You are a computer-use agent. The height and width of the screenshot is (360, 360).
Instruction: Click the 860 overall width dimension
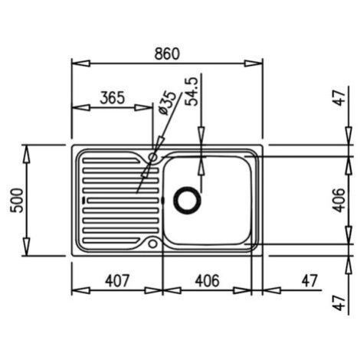click(167, 54)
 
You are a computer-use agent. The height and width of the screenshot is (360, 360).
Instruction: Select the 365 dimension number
click(113, 98)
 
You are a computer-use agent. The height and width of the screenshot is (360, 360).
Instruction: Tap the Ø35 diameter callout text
click(167, 103)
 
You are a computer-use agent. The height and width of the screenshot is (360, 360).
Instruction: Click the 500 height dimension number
click(17, 201)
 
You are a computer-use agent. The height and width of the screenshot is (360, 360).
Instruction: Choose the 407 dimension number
click(118, 280)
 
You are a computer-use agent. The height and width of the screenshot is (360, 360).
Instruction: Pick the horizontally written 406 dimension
click(207, 280)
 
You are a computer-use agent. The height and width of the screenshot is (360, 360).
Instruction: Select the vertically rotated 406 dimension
click(339, 201)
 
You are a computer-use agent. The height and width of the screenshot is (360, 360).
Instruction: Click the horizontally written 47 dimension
click(309, 280)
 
